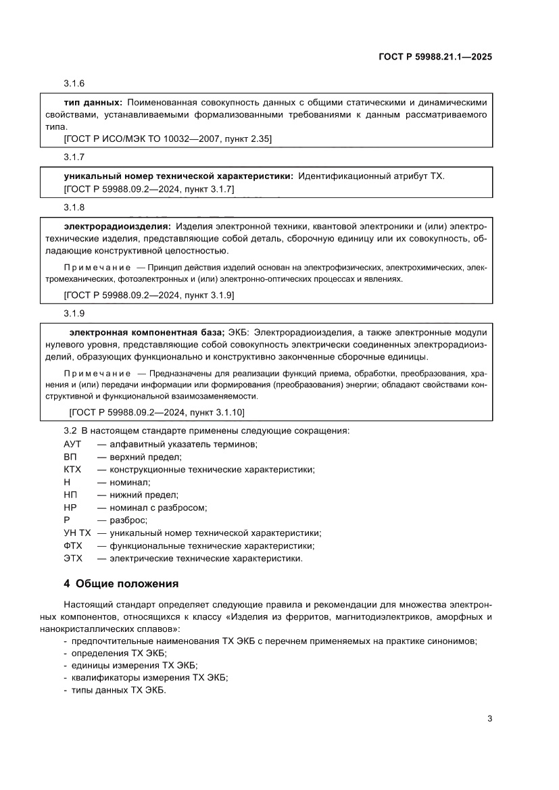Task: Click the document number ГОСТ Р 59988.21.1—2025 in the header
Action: (x=435, y=57)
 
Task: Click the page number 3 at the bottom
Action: (x=489, y=718)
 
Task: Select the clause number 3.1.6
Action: (x=74, y=84)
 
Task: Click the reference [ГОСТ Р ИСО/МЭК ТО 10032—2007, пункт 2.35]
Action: (x=168, y=139)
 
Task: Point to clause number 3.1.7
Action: (x=74, y=157)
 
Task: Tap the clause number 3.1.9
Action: (x=74, y=314)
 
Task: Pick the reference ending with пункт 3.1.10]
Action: (x=157, y=412)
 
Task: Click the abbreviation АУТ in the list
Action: (x=72, y=444)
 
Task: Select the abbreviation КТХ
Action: (x=72, y=469)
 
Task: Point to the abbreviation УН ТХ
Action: (x=76, y=533)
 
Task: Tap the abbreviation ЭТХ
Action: (x=72, y=559)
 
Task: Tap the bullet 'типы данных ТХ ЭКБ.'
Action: (x=118, y=691)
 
